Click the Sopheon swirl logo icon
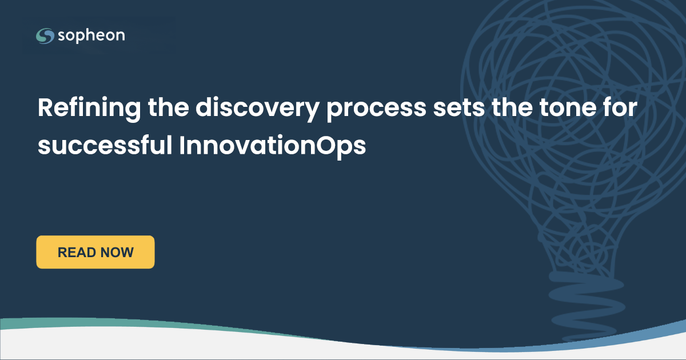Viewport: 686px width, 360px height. pos(45,36)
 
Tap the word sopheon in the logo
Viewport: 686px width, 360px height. pos(91,36)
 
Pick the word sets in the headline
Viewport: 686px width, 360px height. pos(459,108)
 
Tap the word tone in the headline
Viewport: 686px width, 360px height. pos(568,108)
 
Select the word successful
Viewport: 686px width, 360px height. pos(105,145)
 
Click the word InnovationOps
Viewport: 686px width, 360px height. pos(273,146)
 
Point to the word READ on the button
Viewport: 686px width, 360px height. pos(77,253)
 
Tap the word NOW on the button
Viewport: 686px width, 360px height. pos(117,253)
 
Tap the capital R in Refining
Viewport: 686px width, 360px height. pos(45,107)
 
